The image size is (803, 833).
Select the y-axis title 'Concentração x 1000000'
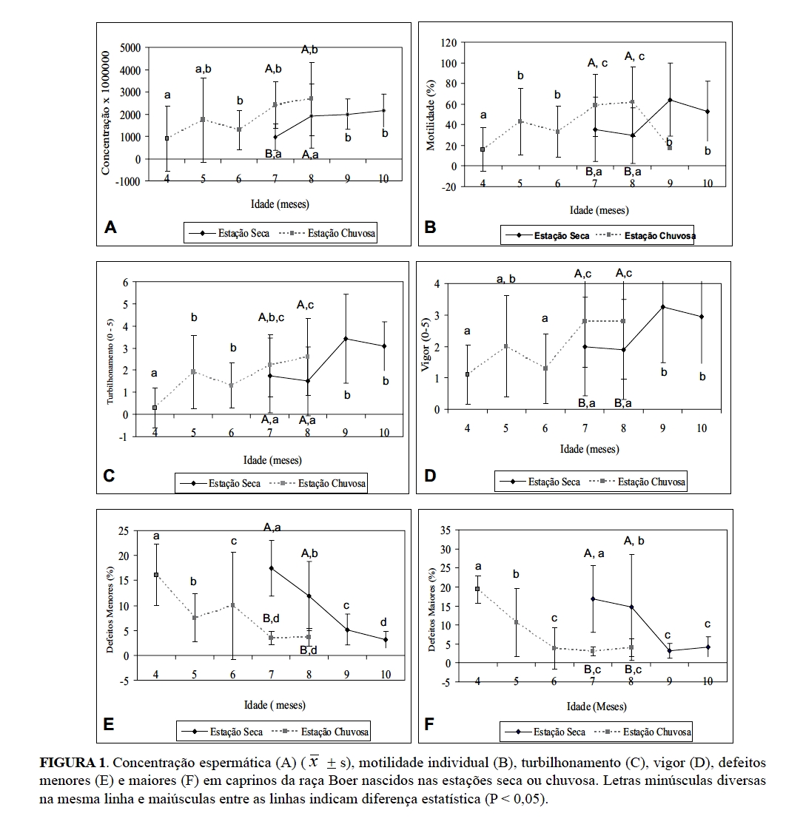[x=106, y=113]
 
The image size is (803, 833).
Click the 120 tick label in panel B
[x=448, y=42]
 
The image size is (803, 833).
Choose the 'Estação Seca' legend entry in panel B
[x=562, y=236]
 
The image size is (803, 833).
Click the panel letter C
[x=109, y=476]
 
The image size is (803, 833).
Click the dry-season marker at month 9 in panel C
[x=345, y=339]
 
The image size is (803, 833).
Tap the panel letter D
[x=430, y=476]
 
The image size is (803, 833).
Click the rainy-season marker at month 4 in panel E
[x=156, y=575]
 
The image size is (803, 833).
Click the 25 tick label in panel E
[x=133, y=531]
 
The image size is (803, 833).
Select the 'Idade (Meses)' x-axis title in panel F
[x=597, y=706]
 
